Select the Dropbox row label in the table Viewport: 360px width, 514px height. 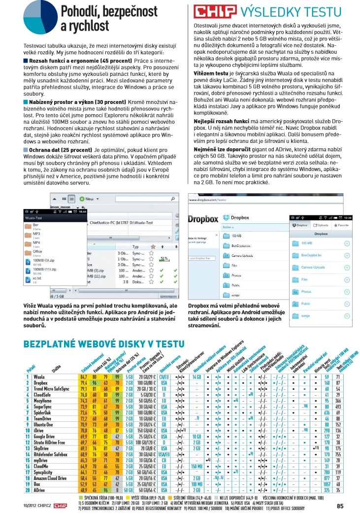(x=41, y=382)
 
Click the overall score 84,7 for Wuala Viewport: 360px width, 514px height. (x=84, y=377)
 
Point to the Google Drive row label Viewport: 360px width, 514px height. (x=45, y=436)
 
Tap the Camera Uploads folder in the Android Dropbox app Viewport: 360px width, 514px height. (x=313, y=267)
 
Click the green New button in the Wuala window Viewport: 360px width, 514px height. (x=92, y=199)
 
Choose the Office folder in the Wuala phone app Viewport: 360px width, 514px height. (x=31, y=252)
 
